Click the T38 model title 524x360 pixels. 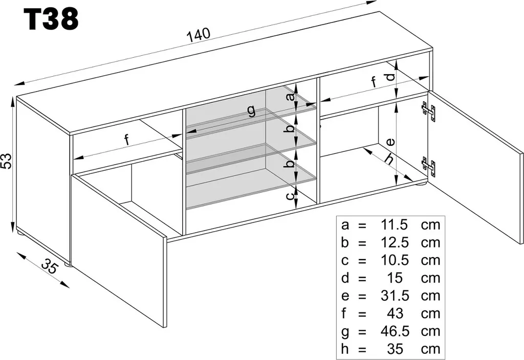point(51,19)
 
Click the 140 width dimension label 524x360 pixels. point(199,35)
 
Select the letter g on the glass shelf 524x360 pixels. point(251,111)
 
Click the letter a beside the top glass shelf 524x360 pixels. point(290,96)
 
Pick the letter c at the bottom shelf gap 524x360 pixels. point(290,195)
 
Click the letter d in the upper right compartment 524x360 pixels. point(390,77)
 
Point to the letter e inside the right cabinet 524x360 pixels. point(390,142)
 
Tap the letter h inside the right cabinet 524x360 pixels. point(388,160)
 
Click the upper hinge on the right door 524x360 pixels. point(429,112)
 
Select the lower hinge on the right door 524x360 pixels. point(429,165)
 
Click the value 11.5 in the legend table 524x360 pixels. point(395,224)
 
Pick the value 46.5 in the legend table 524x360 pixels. point(395,331)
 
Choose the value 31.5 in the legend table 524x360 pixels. point(395,296)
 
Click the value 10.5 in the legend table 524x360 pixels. point(395,260)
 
